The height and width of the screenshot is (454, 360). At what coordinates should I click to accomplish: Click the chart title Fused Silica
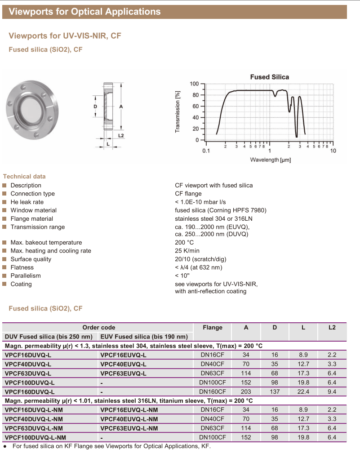coord(269,77)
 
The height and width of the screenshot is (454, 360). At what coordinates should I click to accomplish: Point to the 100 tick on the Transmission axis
coord(194,84)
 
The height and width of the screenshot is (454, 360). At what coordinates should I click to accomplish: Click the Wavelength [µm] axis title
coord(270,160)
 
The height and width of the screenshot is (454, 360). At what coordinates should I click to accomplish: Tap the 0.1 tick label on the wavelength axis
coord(206,151)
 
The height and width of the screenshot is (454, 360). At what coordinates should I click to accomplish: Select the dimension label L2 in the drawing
coord(120,135)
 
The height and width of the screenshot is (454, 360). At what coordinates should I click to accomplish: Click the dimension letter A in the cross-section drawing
coord(121,107)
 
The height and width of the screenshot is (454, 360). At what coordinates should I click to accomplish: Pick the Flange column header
coord(212,327)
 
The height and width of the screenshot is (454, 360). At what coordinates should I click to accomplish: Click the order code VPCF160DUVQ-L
coord(29,392)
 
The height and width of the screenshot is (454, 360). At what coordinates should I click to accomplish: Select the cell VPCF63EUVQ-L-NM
coord(129,428)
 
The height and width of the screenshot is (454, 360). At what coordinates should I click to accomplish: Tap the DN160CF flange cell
coord(212,392)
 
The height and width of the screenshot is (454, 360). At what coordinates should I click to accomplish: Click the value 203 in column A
coord(246,392)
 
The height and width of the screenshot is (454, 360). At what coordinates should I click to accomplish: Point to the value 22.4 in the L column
coord(303,392)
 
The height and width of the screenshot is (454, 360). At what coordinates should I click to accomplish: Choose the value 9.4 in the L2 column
coord(332,392)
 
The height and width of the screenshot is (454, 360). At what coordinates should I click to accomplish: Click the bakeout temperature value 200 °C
coord(184,243)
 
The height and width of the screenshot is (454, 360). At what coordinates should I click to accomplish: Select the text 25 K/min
coord(187,251)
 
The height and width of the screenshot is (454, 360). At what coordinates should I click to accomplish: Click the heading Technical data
coord(24,176)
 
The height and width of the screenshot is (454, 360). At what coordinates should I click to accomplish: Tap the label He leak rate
coord(27,202)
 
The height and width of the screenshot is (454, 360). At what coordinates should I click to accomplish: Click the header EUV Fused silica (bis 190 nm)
coord(144,337)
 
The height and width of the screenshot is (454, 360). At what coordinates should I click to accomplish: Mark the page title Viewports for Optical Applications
coord(84,12)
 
